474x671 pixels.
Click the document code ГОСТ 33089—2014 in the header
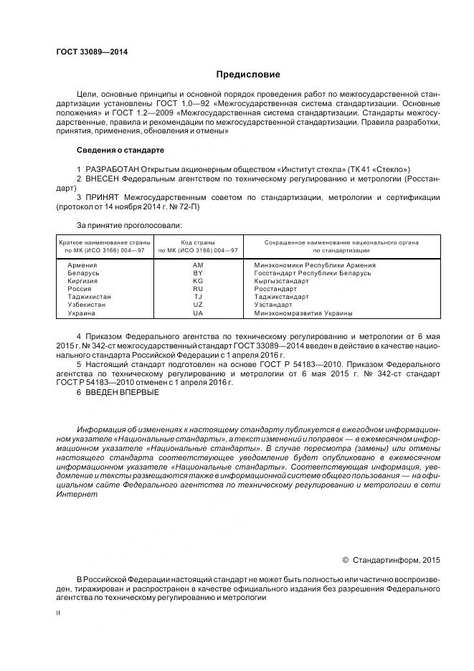click(87, 52)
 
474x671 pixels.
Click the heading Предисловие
click(248, 75)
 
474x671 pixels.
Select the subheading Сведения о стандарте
click(120, 151)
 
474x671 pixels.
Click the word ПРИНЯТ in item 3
click(103, 196)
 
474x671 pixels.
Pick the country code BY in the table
click(198, 273)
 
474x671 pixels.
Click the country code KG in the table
click(198, 281)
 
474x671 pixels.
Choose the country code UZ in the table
click(198, 305)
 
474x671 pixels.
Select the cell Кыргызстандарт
click(283, 281)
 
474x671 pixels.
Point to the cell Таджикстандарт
click(281, 297)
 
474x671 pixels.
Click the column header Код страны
click(198, 242)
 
